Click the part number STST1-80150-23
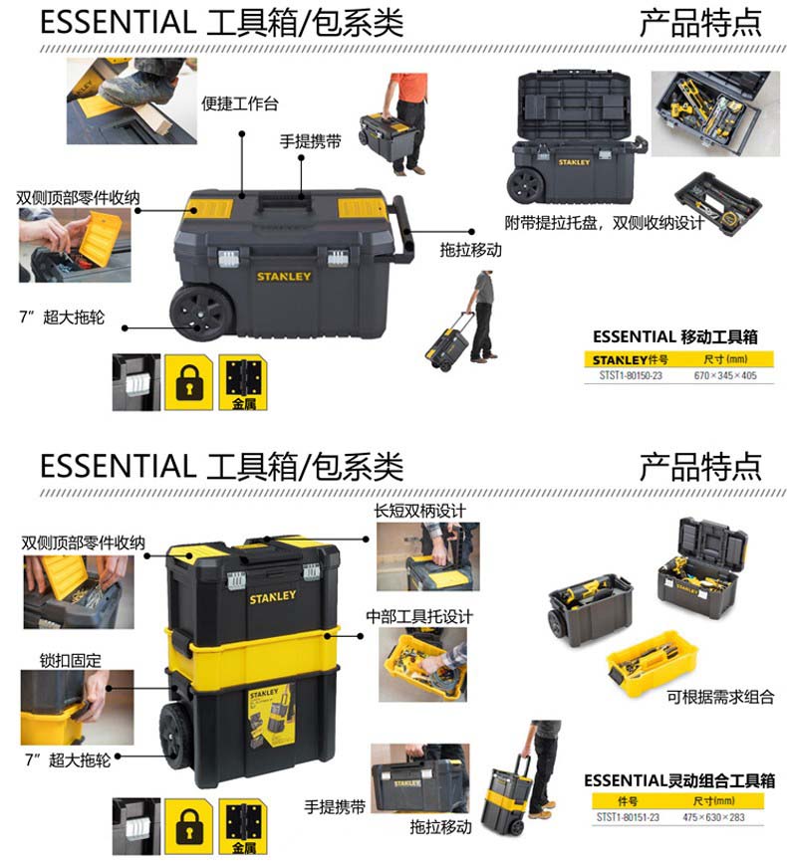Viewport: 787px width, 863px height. [x=630, y=375]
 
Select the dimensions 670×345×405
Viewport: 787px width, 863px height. [x=725, y=375]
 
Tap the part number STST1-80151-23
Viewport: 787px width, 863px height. [x=628, y=817]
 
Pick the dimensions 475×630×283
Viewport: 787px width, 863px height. [x=713, y=817]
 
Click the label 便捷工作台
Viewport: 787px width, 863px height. [x=239, y=104]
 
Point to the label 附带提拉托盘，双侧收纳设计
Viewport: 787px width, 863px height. [x=604, y=223]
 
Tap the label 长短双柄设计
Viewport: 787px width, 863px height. [x=419, y=511]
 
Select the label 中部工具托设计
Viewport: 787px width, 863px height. [x=419, y=617]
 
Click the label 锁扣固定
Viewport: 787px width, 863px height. [x=70, y=660]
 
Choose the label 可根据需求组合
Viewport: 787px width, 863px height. [x=720, y=697]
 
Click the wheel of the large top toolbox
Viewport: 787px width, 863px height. [x=199, y=312]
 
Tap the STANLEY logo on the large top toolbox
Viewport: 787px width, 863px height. [x=284, y=277]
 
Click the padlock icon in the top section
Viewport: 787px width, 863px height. [x=189, y=382]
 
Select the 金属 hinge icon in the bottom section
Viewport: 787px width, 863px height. [x=243, y=826]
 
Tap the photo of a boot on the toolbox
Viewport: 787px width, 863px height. [x=131, y=101]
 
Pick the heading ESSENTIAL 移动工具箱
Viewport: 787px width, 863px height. [x=675, y=336]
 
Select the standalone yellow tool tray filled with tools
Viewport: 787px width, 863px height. [x=652, y=662]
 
